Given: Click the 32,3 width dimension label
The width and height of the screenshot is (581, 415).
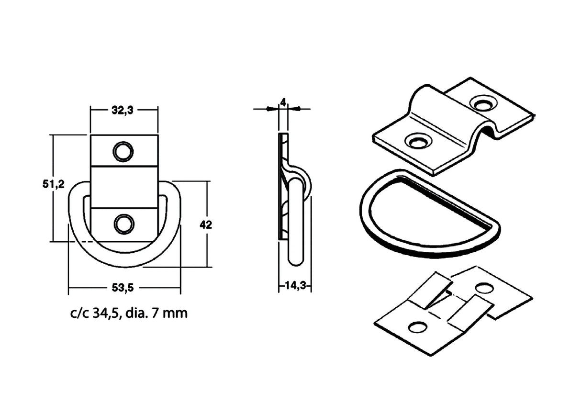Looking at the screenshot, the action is [123, 110].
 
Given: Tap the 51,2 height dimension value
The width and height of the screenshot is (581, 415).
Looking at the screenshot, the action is [54, 184].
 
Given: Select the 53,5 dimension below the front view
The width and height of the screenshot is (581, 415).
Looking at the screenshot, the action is [123, 287].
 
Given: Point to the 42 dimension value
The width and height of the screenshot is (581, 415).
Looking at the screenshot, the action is [206, 225].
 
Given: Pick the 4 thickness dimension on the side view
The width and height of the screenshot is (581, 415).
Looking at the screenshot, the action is [283, 103].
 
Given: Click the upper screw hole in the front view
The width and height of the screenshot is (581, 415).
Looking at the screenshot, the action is [123, 151].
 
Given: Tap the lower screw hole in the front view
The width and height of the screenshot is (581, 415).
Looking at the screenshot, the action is [124, 224].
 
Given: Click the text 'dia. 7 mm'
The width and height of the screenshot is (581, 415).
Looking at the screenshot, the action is [156, 314].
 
